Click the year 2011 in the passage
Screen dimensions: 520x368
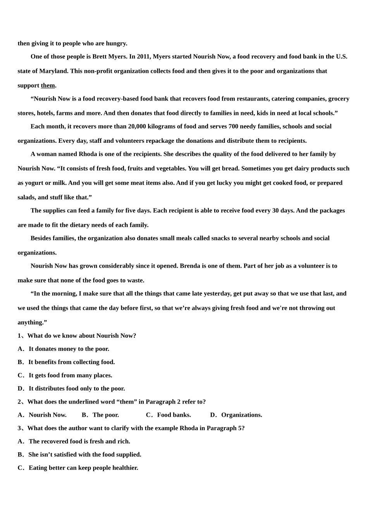(x=143, y=56)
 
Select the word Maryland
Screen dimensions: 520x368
(x=52, y=71)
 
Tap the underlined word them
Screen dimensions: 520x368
(x=48, y=86)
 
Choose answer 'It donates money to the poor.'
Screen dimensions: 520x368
(x=69, y=349)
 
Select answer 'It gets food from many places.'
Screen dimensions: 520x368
(x=71, y=375)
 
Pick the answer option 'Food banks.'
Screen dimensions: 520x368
(x=174, y=415)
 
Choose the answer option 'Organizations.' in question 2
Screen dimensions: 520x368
(x=242, y=415)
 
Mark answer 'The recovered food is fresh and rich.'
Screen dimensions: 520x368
(x=79, y=441)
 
